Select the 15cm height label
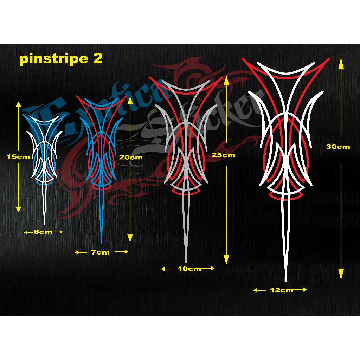click(19, 157)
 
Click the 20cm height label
click(131, 157)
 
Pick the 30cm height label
click(338, 147)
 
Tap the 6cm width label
click(44, 232)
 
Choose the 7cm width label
click(101, 252)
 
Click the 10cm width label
click(189, 269)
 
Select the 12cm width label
click(281, 290)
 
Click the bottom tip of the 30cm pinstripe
click(286, 280)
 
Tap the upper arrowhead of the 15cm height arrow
click(19, 104)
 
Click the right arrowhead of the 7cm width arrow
click(125, 252)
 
